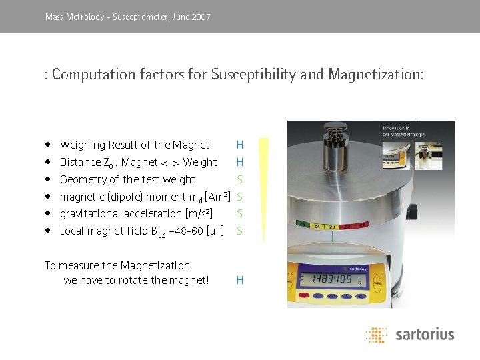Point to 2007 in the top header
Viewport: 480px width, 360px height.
200,17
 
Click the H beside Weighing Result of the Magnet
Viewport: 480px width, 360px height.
239,145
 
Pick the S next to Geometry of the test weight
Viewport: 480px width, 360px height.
239,179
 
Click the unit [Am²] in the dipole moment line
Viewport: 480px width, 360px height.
219,197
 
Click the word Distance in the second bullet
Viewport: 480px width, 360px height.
80,162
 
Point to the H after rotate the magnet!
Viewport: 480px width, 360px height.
239,281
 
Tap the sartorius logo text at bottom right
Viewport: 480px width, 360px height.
424,333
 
